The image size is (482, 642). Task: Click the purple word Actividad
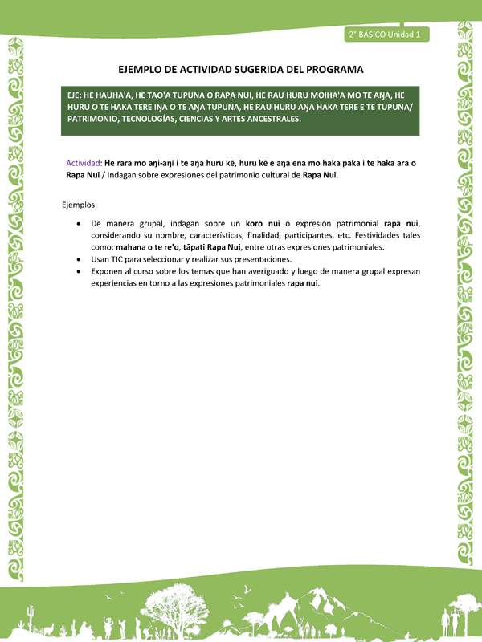pyautogui.click(x=84, y=163)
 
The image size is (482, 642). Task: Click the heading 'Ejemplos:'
pyautogui.click(x=80, y=205)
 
